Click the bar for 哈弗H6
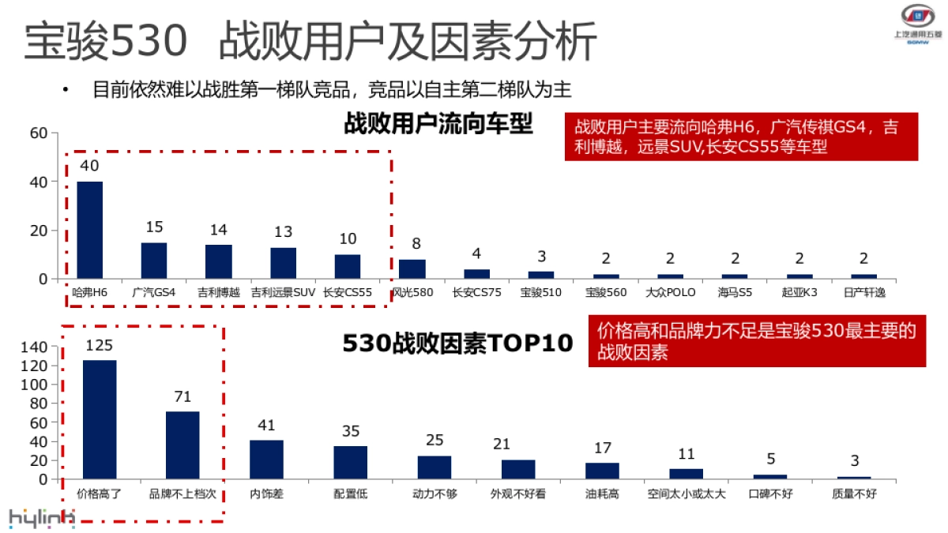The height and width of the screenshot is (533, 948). pos(89,230)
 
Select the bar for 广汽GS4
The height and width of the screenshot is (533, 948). pos(154,261)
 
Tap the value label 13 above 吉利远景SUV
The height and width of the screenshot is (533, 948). pos(283,232)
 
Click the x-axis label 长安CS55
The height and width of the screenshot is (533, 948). pos(347,292)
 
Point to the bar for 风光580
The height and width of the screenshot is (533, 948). pos(412,269)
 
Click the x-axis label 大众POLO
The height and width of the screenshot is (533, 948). pos(670,292)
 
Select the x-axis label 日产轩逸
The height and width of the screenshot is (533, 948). pos(863,292)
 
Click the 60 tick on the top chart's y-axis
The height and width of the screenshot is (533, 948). pos(39,133)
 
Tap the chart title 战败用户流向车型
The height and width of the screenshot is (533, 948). pos(438,124)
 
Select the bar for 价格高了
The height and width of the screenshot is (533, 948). pos(100,419)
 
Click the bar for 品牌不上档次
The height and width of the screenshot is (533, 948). pos(182,445)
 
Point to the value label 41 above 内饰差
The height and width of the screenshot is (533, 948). pos(266,426)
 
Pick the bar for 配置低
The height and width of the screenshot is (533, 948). pos(350,462)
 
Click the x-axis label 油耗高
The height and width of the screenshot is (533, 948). pos(602,494)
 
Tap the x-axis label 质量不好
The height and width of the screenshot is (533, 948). pos(854,494)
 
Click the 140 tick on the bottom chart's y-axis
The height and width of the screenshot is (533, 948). pos(34,347)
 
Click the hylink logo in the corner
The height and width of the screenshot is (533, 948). pos(41,517)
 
